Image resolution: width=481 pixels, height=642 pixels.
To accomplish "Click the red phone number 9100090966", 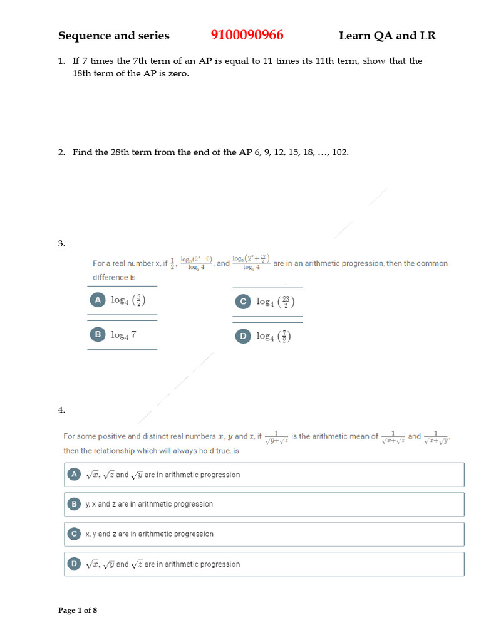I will pyautogui.click(x=243, y=35).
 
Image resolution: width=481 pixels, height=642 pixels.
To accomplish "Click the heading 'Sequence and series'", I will pyautogui.click(x=113, y=36).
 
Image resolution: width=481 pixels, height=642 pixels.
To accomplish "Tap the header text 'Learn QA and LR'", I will pyautogui.click(x=387, y=36).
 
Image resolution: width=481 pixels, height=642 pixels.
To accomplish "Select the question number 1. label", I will pyautogui.click(x=61, y=61).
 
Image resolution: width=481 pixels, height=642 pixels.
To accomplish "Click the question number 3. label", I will pyautogui.click(x=61, y=244).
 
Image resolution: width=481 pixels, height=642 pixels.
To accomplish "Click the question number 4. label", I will pyautogui.click(x=61, y=410).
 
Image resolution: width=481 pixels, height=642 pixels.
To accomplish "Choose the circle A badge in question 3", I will pyautogui.click(x=97, y=300).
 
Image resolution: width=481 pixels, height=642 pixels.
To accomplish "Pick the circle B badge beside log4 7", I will pyautogui.click(x=97, y=335).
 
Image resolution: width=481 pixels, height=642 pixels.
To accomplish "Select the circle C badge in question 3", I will pyautogui.click(x=242, y=302).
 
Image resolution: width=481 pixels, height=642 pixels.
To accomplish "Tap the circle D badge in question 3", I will pyautogui.click(x=242, y=336).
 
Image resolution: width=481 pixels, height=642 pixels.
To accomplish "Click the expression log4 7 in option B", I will pyautogui.click(x=123, y=335).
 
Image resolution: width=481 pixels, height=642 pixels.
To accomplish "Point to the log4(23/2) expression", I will pyautogui.click(x=275, y=302).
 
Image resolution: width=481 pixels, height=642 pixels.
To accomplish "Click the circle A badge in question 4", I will pyautogui.click(x=74, y=475).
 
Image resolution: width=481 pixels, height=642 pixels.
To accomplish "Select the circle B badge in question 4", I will pyautogui.click(x=74, y=504).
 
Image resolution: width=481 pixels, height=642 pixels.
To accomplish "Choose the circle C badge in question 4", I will pyautogui.click(x=74, y=534).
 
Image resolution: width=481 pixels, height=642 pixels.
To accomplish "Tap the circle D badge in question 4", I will pyautogui.click(x=74, y=564).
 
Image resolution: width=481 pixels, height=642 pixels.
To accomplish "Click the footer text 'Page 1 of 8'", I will pyautogui.click(x=78, y=610).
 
